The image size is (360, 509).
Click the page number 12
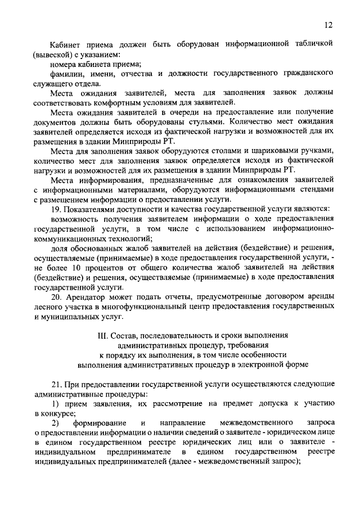coord(329,24)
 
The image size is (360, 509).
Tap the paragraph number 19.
coord(56,209)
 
